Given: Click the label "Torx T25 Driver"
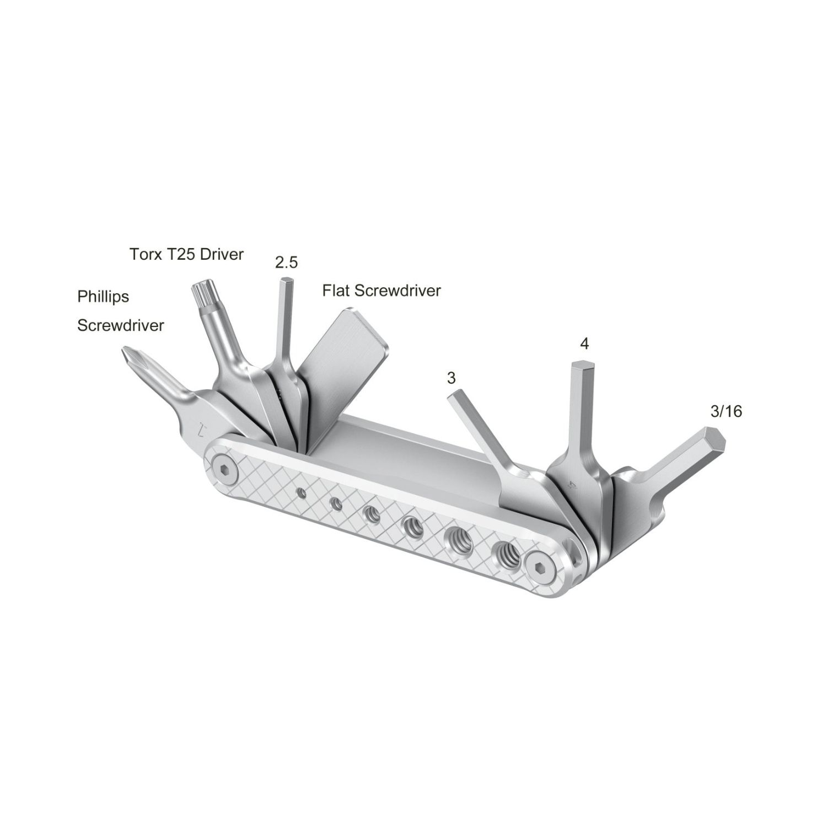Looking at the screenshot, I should click(x=186, y=254).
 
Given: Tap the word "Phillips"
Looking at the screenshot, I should click(x=103, y=297).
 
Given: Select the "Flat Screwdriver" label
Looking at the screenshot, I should click(x=382, y=291).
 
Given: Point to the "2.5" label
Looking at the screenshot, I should click(x=286, y=263).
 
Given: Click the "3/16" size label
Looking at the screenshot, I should click(x=726, y=411).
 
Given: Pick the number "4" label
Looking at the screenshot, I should click(x=584, y=344).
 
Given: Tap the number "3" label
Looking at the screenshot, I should click(x=452, y=378).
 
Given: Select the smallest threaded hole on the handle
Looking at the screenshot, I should click(x=300, y=491).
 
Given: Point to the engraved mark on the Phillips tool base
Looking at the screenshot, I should click(x=201, y=428).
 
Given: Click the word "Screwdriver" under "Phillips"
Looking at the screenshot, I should click(x=120, y=325).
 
